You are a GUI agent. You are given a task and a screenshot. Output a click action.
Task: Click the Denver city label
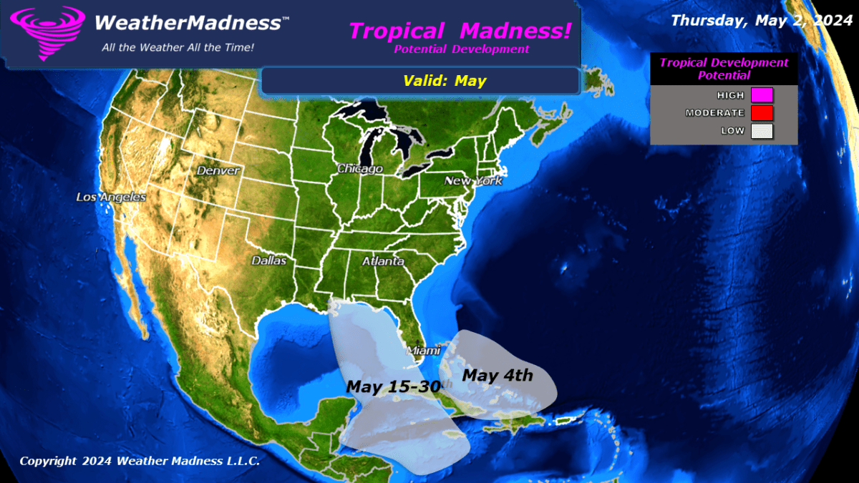[218, 171]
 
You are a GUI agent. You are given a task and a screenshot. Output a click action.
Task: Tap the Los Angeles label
[112, 197]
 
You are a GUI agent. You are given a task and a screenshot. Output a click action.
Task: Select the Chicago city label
[360, 169]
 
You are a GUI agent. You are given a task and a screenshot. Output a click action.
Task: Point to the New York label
[473, 181]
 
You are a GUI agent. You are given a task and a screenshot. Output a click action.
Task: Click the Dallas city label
[268, 260]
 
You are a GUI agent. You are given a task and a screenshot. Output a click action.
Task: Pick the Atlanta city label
[383, 261]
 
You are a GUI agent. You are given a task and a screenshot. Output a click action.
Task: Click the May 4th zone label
[498, 374]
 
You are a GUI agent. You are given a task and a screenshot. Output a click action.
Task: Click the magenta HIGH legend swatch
[757, 95]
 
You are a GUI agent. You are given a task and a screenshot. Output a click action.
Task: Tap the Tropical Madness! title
[461, 31]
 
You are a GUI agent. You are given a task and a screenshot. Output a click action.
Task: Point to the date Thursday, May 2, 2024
[759, 20]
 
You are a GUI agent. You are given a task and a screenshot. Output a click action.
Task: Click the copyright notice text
[140, 461]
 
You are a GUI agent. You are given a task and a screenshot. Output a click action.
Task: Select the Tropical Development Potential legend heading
[724, 69]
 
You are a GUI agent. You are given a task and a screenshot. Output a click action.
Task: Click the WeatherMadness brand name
[188, 23]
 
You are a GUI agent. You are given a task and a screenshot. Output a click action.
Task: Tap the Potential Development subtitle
[462, 49]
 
